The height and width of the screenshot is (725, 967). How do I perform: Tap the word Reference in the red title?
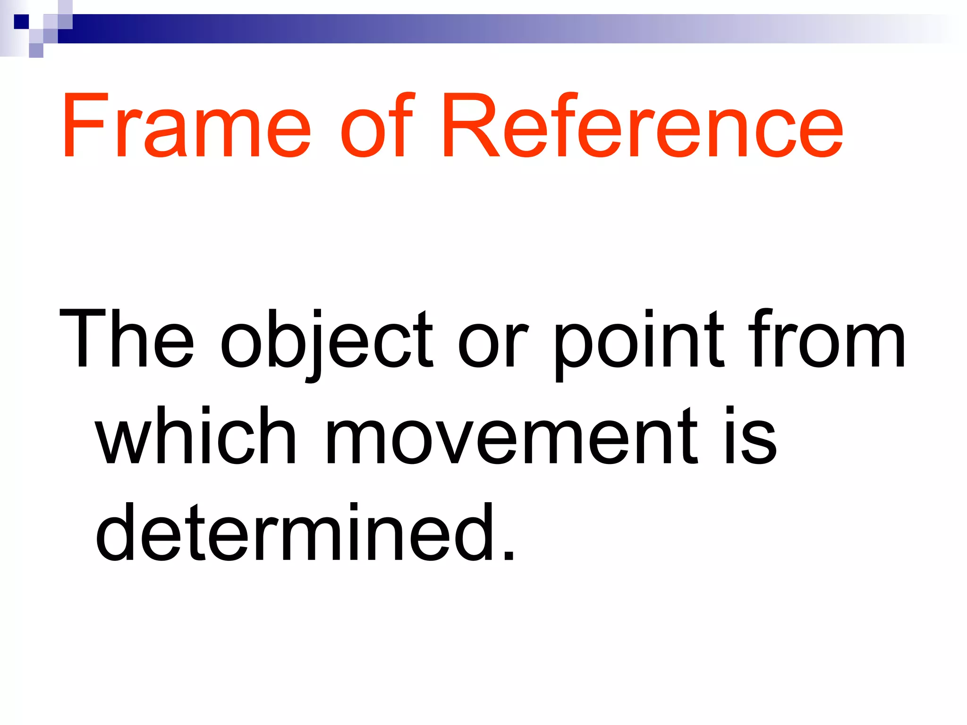point(642,126)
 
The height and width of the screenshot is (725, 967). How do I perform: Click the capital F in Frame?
point(83,126)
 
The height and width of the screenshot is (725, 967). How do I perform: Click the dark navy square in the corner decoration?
point(21,22)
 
